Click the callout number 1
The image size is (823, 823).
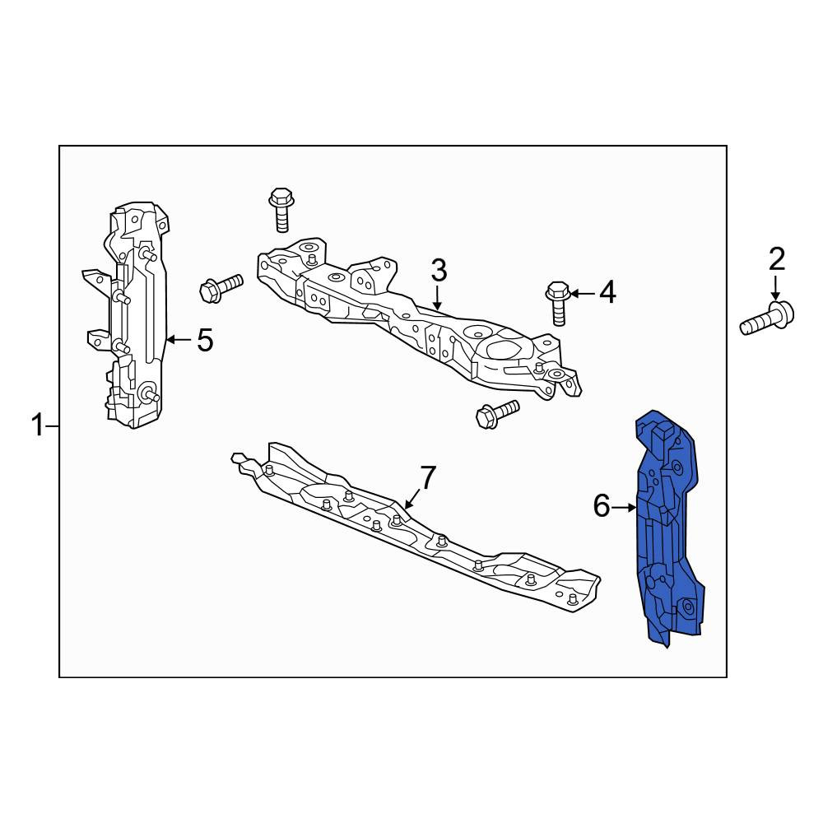[37, 425]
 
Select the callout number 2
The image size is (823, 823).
[777, 258]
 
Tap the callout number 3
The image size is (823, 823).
[439, 270]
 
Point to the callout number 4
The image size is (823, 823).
[608, 292]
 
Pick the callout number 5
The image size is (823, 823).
[205, 340]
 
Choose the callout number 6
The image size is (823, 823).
[602, 506]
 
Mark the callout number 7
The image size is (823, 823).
[428, 477]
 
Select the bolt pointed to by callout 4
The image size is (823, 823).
[558, 304]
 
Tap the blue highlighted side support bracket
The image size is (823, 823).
[667, 528]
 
